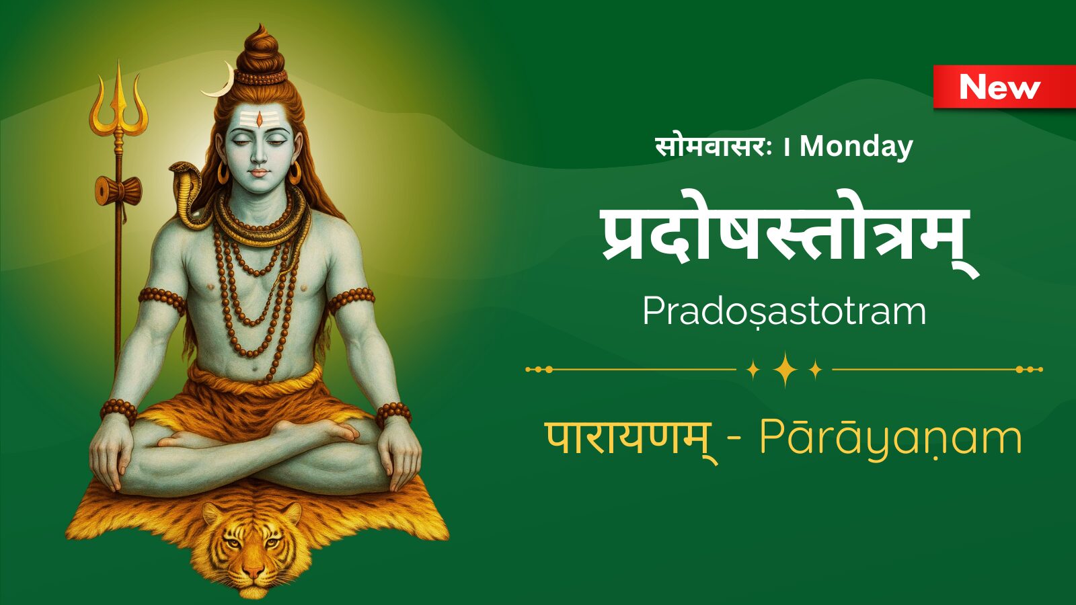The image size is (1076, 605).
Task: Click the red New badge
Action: coord(1005,87)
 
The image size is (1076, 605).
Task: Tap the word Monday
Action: coord(856,147)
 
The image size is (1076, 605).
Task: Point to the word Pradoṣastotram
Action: coord(784,312)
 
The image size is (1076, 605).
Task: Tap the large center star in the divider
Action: coord(785,369)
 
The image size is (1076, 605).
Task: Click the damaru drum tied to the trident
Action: coord(118,191)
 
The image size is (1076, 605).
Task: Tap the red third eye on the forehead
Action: coord(260,118)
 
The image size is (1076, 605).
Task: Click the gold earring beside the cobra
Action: coord(223,172)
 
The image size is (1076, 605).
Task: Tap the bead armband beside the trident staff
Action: coord(162,300)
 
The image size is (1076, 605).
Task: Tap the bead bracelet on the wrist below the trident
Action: coord(118,411)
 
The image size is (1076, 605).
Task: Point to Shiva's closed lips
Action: coord(258,172)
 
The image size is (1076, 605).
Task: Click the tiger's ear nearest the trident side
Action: coord(212,514)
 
